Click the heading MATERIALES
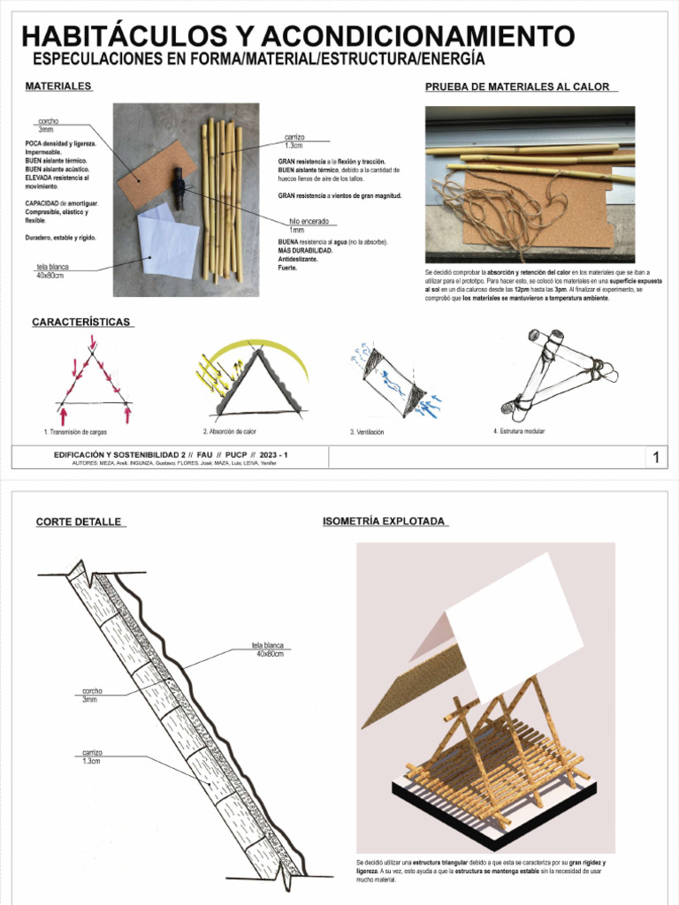(x=58, y=87)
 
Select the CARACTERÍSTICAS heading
(x=81, y=323)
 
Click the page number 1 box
(x=656, y=457)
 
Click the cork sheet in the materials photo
(x=146, y=172)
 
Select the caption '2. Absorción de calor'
(x=229, y=432)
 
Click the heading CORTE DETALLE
(x=79, y=522)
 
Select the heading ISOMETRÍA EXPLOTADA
(x=384, y=521)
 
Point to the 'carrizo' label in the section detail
(x=92, y=752)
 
